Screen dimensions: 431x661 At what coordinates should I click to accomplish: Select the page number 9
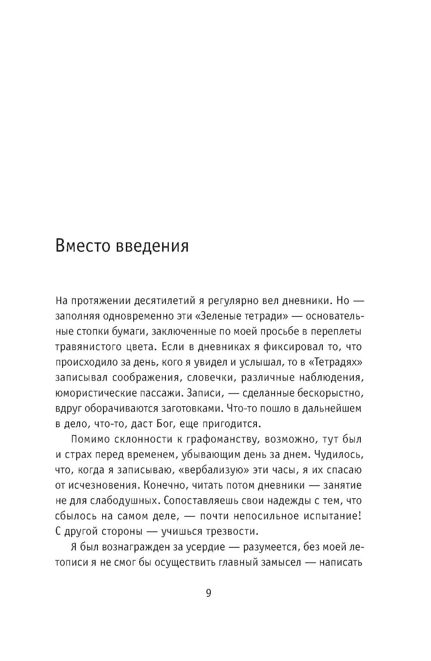[208, 605]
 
